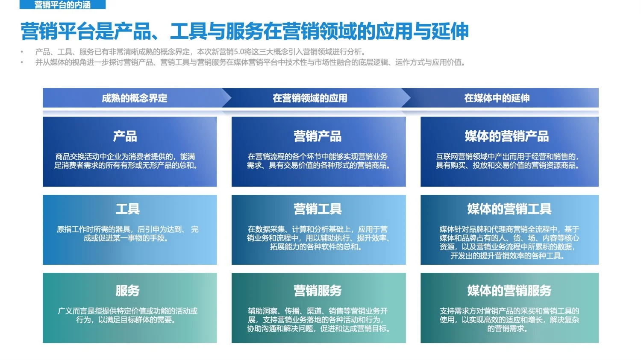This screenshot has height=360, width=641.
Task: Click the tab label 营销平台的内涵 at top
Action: [x=62, y=5]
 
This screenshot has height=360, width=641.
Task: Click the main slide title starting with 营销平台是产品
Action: [x=244, y=31]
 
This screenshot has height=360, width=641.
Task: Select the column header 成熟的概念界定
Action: [x=134, y=98]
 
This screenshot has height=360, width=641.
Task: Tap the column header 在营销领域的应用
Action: [x=310, y=98]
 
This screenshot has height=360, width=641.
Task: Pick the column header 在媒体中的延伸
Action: [x=497, y=98]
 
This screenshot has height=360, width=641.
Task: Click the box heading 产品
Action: [x=125, y=136]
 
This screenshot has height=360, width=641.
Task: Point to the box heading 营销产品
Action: [x=318, y=136]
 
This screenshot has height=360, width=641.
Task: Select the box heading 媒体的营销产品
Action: [x=507, y=136]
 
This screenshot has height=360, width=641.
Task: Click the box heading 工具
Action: [x=127, y=209]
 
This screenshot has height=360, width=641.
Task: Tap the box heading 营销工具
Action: [x=318, y=209]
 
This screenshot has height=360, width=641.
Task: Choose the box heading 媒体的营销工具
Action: [x=509, y=209]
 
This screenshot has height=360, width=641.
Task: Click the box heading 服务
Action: [x=127, y=291]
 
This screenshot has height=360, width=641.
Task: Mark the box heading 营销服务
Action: [x=318, y=291]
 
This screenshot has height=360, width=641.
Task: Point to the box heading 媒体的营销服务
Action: [x=509, y=291]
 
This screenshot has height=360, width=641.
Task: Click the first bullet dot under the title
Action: [x=22, y=52]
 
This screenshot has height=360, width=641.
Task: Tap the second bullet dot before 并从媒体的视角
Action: [x=22, y=62]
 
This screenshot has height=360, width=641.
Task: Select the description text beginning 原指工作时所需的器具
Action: [x=127, y=234]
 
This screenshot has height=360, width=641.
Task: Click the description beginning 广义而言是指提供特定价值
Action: [x=127, y=315]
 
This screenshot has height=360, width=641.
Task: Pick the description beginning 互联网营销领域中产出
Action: [x=507, y=161]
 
